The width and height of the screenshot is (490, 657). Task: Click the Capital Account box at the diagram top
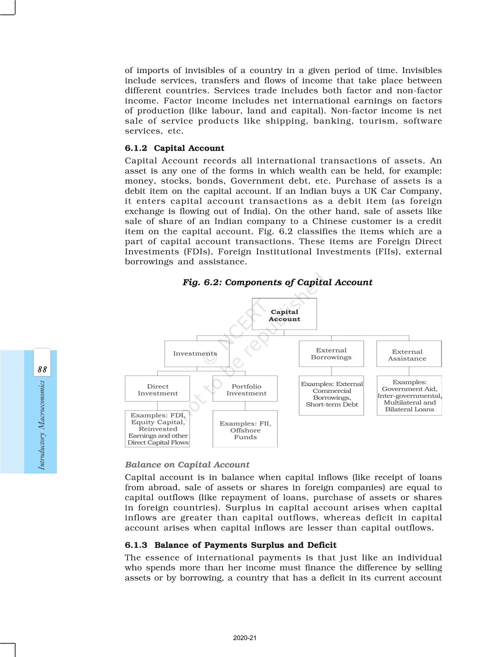(284, 314)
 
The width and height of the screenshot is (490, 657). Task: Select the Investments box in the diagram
(196, 354)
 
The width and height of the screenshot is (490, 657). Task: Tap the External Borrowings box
(331, 354)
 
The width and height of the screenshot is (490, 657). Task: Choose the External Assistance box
(409, 354)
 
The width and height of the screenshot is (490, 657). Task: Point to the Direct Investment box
(157, 389)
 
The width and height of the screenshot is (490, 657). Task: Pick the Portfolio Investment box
(245, 389)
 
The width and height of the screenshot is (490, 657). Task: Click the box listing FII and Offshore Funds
(245, 429)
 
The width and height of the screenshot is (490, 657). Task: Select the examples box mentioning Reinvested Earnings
(158, 429)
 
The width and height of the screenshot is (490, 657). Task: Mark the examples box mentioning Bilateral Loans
(409, 396)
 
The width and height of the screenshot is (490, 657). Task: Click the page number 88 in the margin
(42, 369)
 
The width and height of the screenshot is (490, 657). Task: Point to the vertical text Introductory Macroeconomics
(42, 425)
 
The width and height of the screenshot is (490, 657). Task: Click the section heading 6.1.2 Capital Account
(174, 148)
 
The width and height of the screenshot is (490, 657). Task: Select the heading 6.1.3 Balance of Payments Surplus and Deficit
(231, 545)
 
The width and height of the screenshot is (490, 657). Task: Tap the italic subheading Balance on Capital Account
(187, 464)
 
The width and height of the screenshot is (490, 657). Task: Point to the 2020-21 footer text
(245, 638)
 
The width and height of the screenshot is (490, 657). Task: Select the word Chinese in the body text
(329, 221)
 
